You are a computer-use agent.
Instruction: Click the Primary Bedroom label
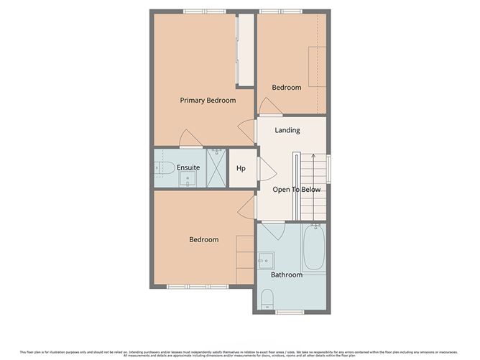[207, 101]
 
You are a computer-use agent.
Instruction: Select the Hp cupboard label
[241, 168]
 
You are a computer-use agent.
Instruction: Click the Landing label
[287, 130]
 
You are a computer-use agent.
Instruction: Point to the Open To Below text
[296, 190]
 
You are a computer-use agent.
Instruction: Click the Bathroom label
[286, 274]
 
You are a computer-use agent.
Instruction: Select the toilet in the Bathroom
[267, 298]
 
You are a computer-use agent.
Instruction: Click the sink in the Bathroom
[266, 259]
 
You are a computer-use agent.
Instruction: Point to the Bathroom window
[287, 312]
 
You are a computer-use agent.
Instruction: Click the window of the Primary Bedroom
[203, 11]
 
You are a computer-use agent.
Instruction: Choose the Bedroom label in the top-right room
[286, 88]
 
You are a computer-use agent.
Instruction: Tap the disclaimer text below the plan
[240, 353]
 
